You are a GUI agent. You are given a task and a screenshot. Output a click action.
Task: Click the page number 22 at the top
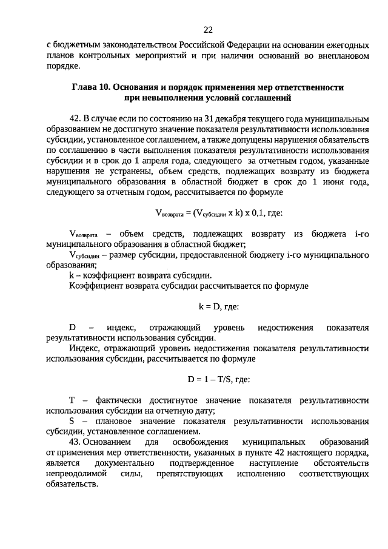pos(208,29)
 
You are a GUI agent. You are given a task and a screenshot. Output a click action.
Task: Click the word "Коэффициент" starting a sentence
pos(95,286)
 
